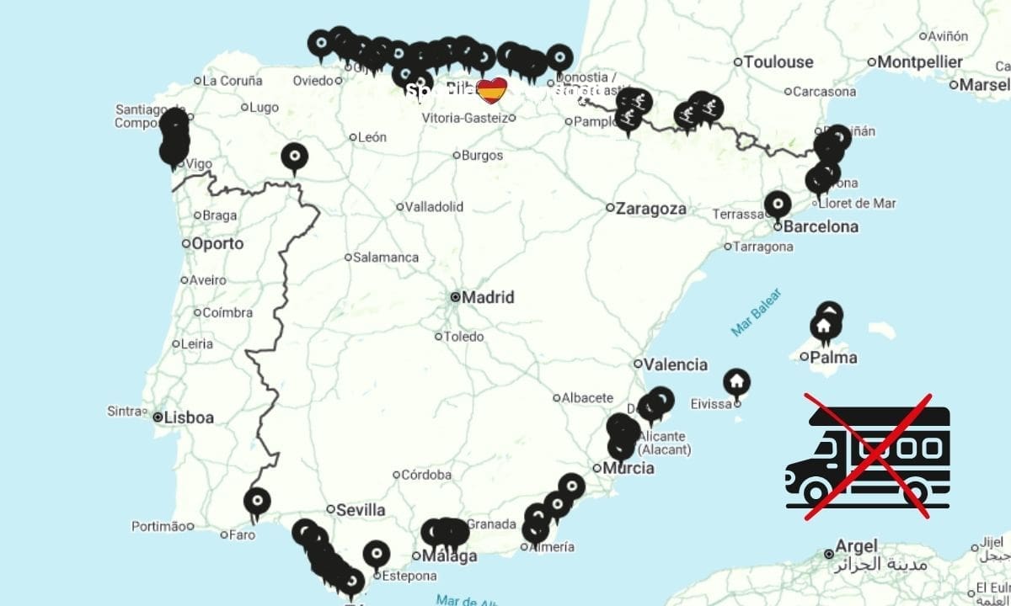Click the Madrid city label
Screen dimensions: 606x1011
coord(488,297)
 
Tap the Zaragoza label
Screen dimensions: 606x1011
coord(650,208)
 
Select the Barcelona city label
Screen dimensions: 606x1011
coord(821,226)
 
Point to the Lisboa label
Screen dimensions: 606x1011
coord(189,417)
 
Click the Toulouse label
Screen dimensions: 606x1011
coord(778,61)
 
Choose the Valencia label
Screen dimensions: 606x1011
coord(676,364)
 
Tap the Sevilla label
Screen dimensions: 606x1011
coord(361,510)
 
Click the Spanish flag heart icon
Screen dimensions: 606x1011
coord(491,89)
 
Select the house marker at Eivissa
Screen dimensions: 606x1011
coord(737,383)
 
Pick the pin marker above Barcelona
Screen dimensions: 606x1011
coord(777,204)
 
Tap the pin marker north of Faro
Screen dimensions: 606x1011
coord(257,501)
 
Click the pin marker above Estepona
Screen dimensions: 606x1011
coord(377,554)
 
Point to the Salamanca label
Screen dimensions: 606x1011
coord(385,258)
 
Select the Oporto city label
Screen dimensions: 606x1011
coord(217,244)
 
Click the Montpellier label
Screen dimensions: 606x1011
coord(919,61)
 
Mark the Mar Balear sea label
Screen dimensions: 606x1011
coord(757,312)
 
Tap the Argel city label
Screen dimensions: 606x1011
coord(857,546)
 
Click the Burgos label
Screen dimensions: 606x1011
coord(483,155)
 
